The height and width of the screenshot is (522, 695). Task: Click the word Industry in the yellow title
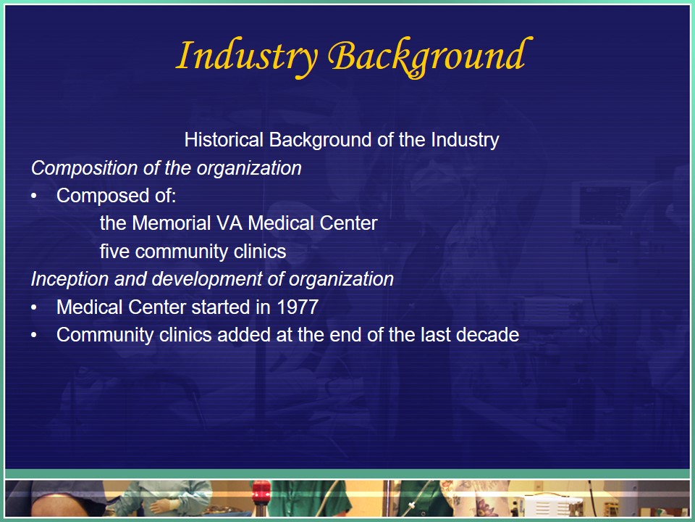[x=247, y=56]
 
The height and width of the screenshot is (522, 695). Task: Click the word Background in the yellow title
[x=430, y=57]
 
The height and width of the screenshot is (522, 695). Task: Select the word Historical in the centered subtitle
[x=224, y=140]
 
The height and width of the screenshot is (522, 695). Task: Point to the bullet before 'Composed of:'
[x=34, y=196]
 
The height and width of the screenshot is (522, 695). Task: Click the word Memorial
[x=171, y=223]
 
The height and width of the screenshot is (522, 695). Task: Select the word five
[x=115, y=252]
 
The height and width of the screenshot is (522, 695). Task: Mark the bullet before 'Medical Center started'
[x=34, y=307]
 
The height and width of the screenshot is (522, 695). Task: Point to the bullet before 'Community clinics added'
[x=34, y=335]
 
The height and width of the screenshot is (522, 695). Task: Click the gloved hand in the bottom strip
[x=159, y=506]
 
